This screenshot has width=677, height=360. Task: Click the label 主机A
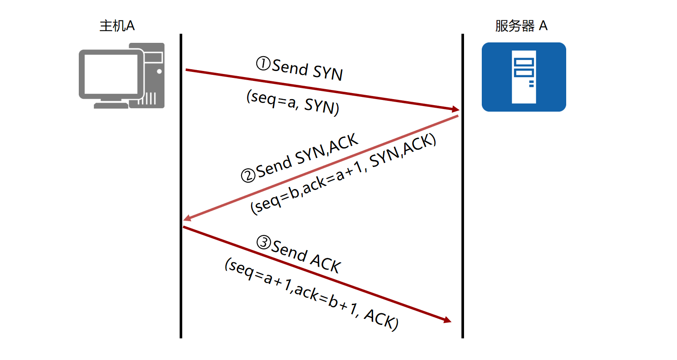point(117,26)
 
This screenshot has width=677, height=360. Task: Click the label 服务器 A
point(521,26)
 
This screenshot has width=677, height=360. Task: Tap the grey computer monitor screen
point(111,74)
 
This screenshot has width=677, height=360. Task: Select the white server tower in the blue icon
point(524,77)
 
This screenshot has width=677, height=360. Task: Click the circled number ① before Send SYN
point(263,64)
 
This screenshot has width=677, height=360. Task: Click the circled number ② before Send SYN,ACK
point(248,175)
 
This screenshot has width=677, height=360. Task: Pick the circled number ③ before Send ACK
point(264,242)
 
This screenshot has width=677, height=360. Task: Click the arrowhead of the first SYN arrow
point(455,109)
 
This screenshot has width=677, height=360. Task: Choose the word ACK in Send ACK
point(326,263)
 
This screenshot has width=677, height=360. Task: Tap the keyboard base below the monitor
point(111,105)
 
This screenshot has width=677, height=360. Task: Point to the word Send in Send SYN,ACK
point(274,165)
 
